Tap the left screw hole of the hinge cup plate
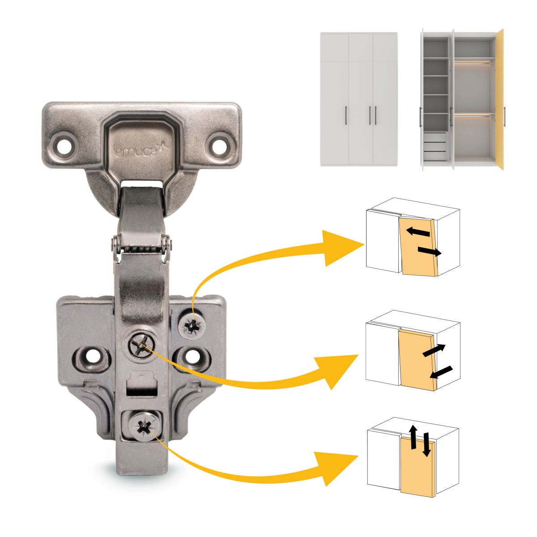pyautogui.click(x=64, y=146)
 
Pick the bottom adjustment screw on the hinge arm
pyautogui.click(x=144, y=427)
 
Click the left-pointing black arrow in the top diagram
pyautogui.click(x=418, y=231)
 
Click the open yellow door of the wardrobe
pyautogui.click(x=500, y=99)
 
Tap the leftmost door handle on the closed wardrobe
pyautogui.click(x=346, y=115)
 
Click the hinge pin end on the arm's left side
pyautogui.click(x=115, y=244)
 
